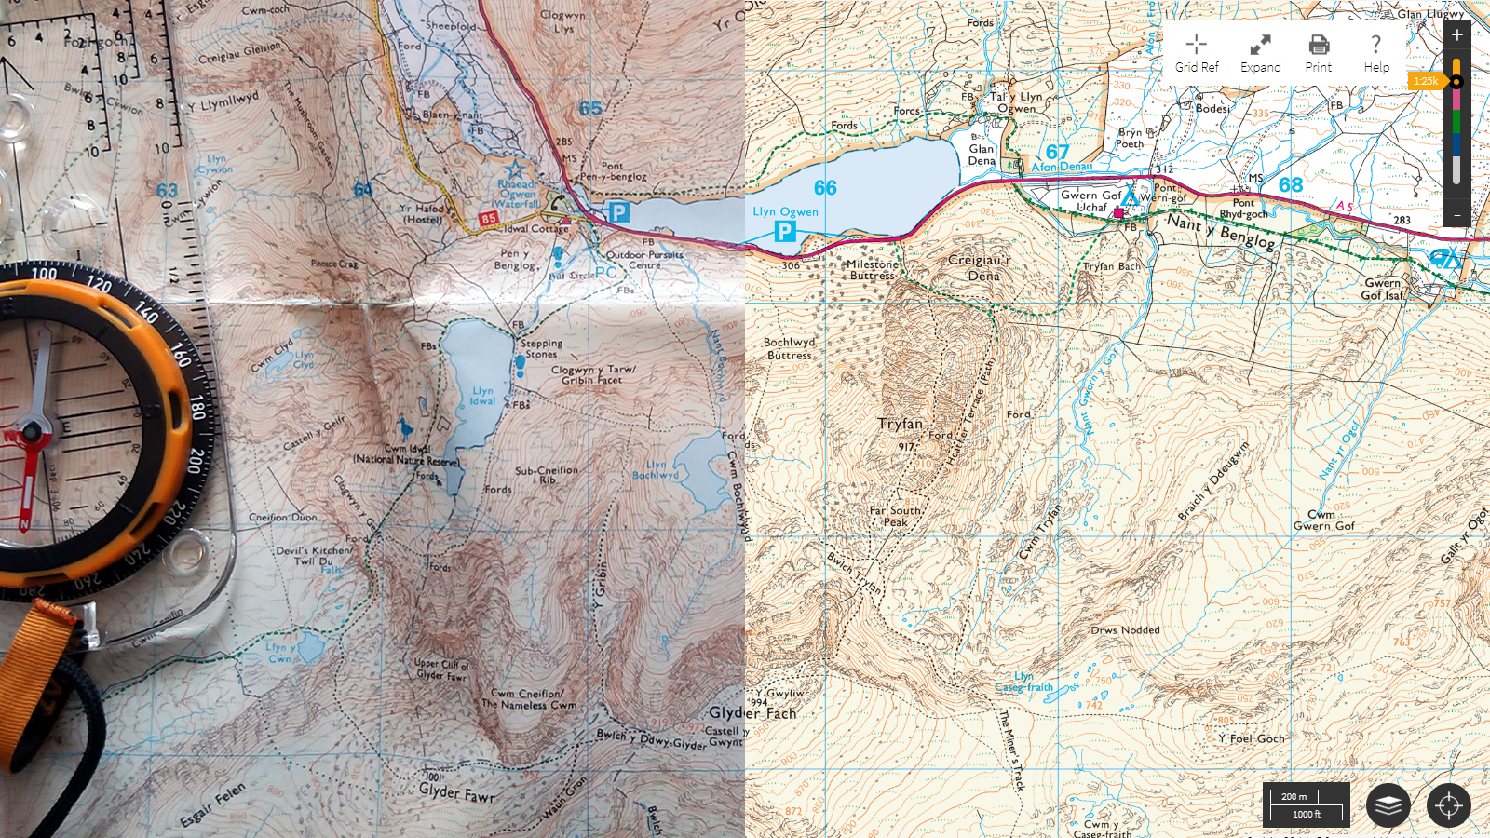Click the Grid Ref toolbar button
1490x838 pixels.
coord(1197,53)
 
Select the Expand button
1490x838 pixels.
coord(1260,53)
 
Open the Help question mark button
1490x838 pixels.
coord(1376,53)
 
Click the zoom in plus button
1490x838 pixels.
coord(1457,35)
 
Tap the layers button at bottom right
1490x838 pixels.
coord(1388,805)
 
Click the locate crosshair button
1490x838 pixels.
coord(1448,805)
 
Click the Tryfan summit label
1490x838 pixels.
coord(900,425)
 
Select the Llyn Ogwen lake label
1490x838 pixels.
coord(785,211)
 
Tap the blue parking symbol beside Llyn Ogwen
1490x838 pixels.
coord(785,231)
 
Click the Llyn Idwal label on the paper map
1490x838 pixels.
coord(482,397)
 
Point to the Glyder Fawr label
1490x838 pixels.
coord(456,792)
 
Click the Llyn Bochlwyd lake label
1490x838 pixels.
coord(656,469)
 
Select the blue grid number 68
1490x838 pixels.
coord(1291,185)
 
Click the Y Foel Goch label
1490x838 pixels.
coord(1256,738)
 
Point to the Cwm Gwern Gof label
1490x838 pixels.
coord(1323,520)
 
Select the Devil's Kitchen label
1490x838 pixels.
coord(313,550)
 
